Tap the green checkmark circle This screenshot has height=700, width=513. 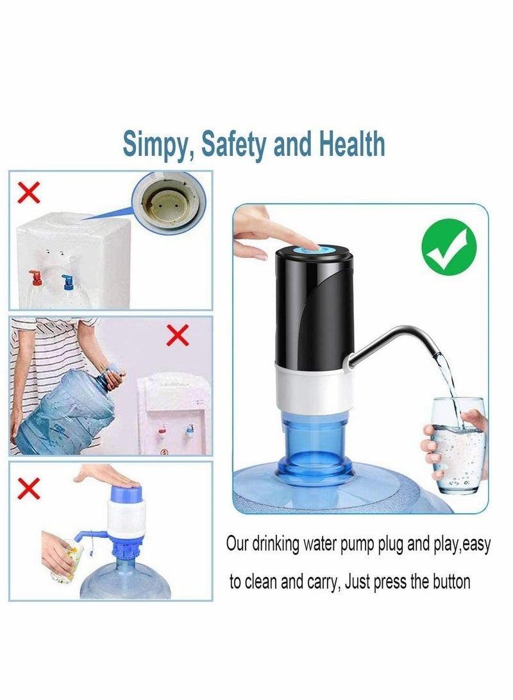click(x=453, y=247)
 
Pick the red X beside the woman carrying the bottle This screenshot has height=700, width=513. click(x=178, y=334)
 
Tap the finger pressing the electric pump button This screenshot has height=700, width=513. click(x=301, y=243)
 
